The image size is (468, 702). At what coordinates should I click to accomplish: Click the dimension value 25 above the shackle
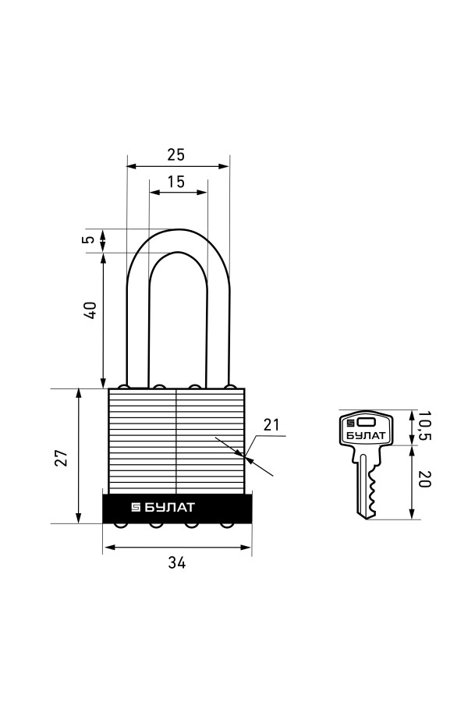[x=175, y=154]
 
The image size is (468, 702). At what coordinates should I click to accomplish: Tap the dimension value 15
[x=176, y=182]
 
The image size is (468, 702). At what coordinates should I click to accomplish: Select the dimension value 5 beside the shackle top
[x=90, y=239]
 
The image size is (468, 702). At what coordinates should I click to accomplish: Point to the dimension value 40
[x=90, y=310]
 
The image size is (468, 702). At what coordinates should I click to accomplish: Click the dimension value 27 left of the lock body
[x=62, y=457]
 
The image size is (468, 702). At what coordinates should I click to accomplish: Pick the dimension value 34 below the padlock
[x=177, y=562]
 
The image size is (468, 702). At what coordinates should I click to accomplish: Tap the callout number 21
[x=271, y=424]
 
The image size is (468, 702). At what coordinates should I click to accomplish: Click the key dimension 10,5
[x=424, y=426]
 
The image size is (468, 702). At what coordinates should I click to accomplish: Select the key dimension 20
[x=424, y=479]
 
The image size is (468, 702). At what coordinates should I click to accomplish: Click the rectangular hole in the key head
[x=367, y=422]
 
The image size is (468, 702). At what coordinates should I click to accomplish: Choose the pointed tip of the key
[x=367, y=519]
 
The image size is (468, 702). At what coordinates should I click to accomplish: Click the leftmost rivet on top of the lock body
[x=122, y=386]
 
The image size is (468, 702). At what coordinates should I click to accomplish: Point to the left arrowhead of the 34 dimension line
[x=108, y=547]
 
